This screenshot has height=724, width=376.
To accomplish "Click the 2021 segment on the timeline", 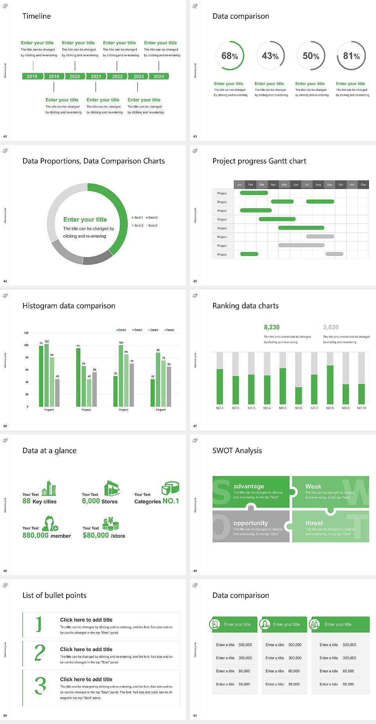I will click(x=96, y=76).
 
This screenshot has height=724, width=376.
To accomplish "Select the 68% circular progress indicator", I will click(x=230, y=56).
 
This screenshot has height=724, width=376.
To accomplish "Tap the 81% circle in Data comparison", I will click(x=351, y=56).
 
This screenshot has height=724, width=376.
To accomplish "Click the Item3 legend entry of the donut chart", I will click(x=138, y=225).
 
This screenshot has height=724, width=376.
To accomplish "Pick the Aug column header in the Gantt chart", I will click(x=318, y=184).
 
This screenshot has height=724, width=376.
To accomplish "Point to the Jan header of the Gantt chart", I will click(x=239, y=184).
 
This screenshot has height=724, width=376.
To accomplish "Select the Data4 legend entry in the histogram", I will click(x=169, y=330).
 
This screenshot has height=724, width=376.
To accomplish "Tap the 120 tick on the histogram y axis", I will click(x=26, y=333).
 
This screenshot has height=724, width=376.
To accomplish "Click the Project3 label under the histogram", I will click(x=123, y=410).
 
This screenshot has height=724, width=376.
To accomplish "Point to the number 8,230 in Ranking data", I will click(x=272, y=327).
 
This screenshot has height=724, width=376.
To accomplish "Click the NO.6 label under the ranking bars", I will click(x=298, y=408).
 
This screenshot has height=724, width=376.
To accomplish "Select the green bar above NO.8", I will click(x=330, y=384).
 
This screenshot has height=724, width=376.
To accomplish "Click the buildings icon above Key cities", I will click(x=49, y=488).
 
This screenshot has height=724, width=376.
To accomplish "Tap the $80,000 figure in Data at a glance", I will click(x=96, y=535).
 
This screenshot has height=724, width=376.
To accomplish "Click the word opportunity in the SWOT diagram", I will click(x=251, y=523).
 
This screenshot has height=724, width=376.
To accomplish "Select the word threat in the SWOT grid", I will click(x=314, y=523).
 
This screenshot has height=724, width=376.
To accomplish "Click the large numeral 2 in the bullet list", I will click(x=40, y=653).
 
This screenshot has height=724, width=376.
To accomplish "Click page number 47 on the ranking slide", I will click(x=195, y=426).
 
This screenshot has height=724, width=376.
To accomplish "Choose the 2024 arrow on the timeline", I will click(x=159, y=76).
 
